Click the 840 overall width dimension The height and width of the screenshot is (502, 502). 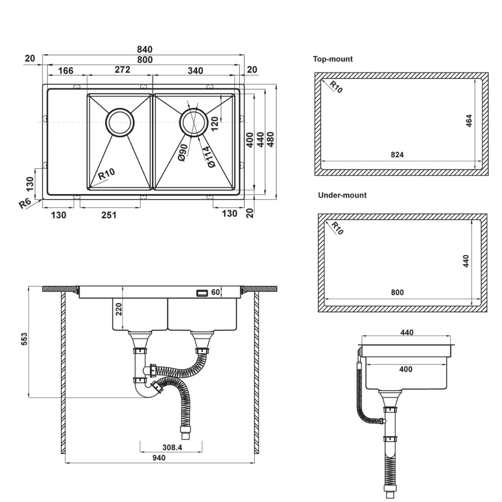(145, 49)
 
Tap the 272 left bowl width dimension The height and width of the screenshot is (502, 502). (122, 70)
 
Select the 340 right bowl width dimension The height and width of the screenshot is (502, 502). (195, 70)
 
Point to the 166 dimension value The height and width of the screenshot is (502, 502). (66, 71)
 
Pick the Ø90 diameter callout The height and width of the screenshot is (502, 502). (183, 152)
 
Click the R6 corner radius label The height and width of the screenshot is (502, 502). (25, 203)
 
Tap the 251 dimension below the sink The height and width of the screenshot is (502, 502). (109, 215)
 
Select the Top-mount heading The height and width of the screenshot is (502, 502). (333, 59)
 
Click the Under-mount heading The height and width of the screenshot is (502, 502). (342, 195)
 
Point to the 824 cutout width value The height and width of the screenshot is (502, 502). (397, 155)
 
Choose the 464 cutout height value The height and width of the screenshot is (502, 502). (469, 121)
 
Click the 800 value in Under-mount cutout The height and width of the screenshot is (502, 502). (397, 292)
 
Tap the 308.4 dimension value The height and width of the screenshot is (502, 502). (172, 447)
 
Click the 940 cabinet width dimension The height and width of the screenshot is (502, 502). (159, 458)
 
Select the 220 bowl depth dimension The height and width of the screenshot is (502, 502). (119, 309)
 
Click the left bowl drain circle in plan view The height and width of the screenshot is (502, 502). (120, 122)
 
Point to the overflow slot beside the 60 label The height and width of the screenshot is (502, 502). (203, 293)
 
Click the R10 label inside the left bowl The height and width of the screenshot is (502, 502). (106, 175)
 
